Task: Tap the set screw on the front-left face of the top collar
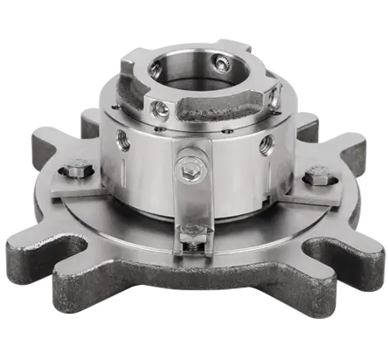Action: [160, 108]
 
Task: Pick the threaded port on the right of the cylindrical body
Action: [266, 144]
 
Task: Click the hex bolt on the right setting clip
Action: [316, 179]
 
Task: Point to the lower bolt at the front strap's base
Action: [193, 234]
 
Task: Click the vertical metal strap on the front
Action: [193, 201]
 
